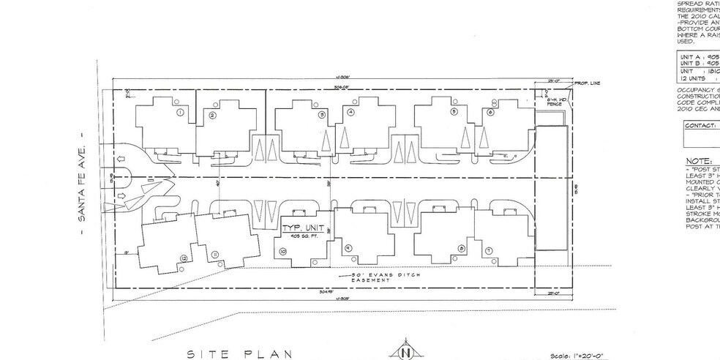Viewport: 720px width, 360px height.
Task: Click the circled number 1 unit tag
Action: (x=179, y=113)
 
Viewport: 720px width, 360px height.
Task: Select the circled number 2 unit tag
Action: (x=212, y=116)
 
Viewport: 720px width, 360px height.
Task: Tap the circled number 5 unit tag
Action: (x=454, y=112)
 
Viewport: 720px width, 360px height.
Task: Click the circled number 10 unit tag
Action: (x=282, y=250)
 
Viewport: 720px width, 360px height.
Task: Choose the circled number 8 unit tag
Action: (x=461, y=249)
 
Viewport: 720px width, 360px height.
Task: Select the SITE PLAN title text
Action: (x=240, y=353)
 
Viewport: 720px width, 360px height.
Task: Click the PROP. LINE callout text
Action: (x=587, y=83)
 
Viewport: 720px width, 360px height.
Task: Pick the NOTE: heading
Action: (x=700, y=160)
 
